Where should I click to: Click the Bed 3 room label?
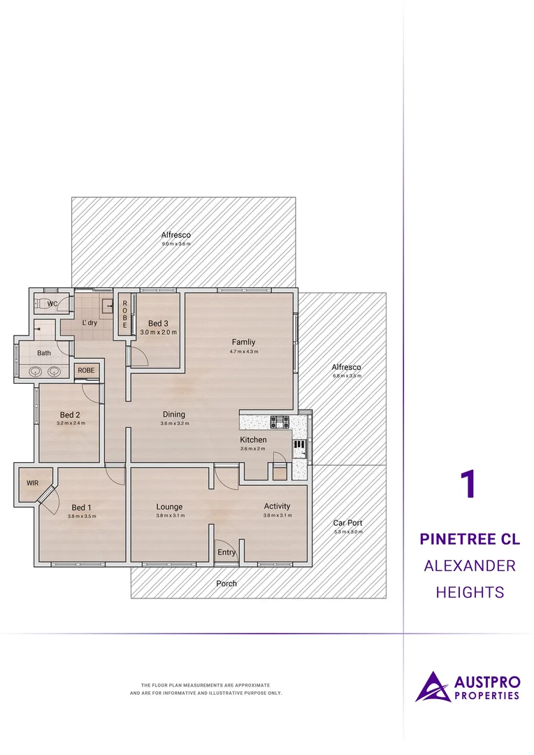pyautogui.click(x=158, y=323)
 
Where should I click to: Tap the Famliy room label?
pyautogui.click(x=243, y=342)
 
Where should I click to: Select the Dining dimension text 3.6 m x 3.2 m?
pyautogui.click(x=174, y=424)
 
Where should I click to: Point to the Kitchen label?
pyautogui.click(x=253, y=440)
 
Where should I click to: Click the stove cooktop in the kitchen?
pyautogui.click(x=280, y=422)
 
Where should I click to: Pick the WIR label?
pyautogui.click(x=32, y=483)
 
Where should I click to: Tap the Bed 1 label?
pyautogui.click(x=81, y=508)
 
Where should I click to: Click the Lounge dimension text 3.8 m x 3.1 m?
pyautogui.click(x=169, y=516)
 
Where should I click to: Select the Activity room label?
pyautogui.click(x=277, y=506)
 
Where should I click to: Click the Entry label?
pyautogui.click(x=226, y=553)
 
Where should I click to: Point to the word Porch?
pyautogui.click(x=226, y=583)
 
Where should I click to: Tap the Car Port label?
pyautogui.click(x=348, y=522)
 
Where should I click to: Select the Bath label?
pyautogui.click(x=44, y=353)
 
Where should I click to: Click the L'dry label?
pyautogui.click(x=89, y=323)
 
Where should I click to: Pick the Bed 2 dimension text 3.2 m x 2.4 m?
pyautogui.click(x=71, y=423)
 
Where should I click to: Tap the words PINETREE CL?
pyautogui.click(x=470, y=540)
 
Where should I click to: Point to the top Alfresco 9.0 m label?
pyautogui.click(x=176, y=236)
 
